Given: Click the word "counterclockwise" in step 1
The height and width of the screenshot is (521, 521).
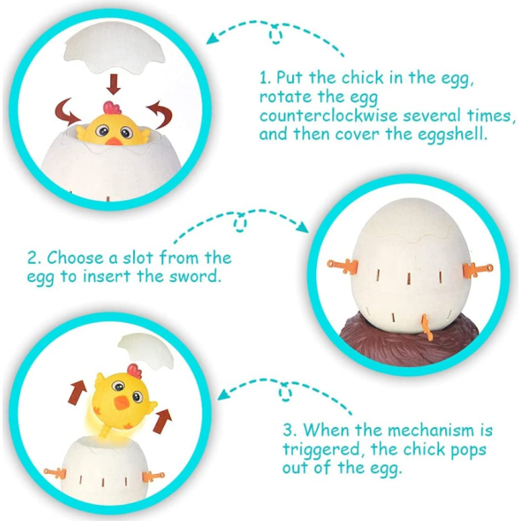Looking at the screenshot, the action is coord(328,116).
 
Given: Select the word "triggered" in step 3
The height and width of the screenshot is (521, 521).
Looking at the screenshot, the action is coord(321,450).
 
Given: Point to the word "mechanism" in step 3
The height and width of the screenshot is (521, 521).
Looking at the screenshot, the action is coord(431,430).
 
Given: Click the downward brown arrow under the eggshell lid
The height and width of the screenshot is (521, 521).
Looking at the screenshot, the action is coord(114,84).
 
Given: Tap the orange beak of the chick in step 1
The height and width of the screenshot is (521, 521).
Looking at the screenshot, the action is coord(114,141).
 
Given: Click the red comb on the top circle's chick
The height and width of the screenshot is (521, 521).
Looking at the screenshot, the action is coord(112,108).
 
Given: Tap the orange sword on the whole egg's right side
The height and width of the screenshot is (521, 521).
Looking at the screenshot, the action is coord(477,269).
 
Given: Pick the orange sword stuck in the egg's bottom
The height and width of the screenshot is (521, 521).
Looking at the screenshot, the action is coord(426,327).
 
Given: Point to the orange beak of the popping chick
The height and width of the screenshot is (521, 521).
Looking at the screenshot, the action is coord(121,402).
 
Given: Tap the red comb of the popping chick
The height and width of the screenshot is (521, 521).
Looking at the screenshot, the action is coord(135,372).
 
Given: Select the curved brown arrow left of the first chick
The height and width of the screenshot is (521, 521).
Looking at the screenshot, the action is coord(67,111).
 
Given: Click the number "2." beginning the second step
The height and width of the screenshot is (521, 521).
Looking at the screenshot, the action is coord(34,258).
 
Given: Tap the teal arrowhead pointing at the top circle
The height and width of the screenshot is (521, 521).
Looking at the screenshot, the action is coord(213,38).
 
